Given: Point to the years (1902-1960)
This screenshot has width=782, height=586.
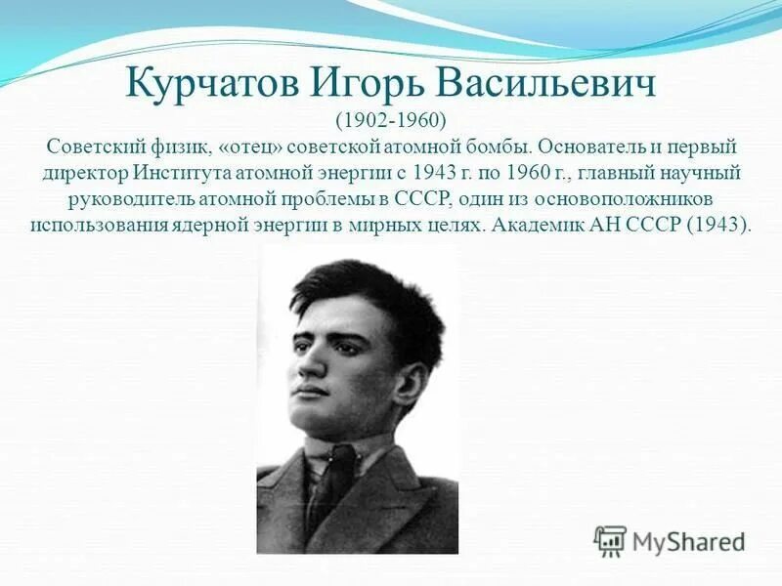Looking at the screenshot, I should (x=391, y=120).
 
